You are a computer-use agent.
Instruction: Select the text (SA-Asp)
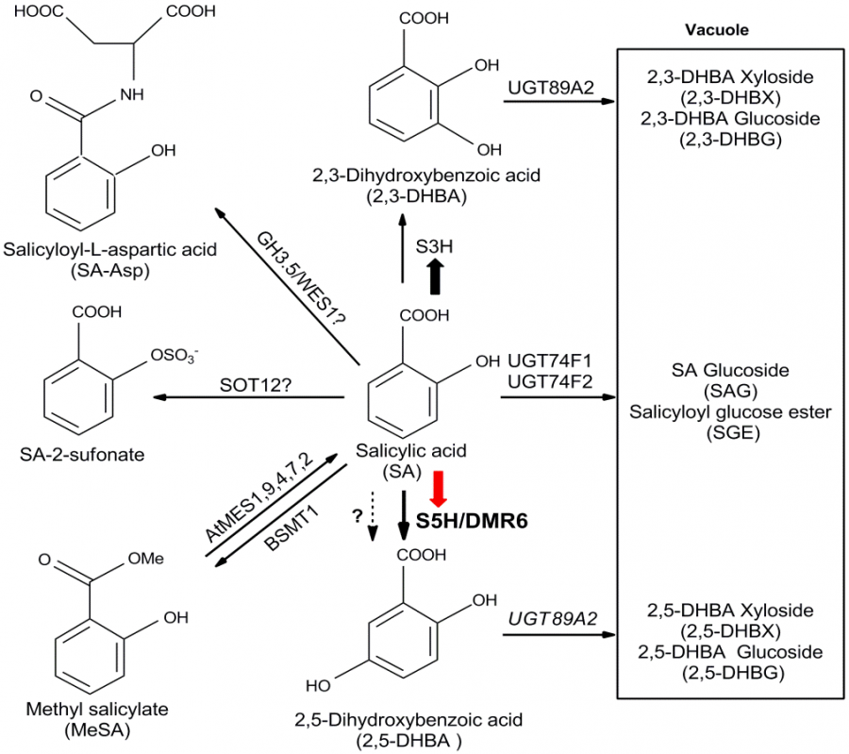coord(111,272)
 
